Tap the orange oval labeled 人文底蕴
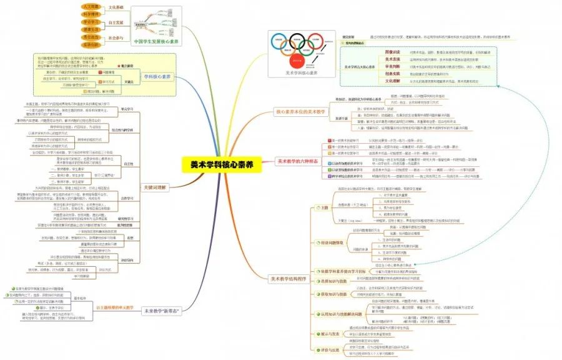(91, 6)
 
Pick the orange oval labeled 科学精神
(91, 14)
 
